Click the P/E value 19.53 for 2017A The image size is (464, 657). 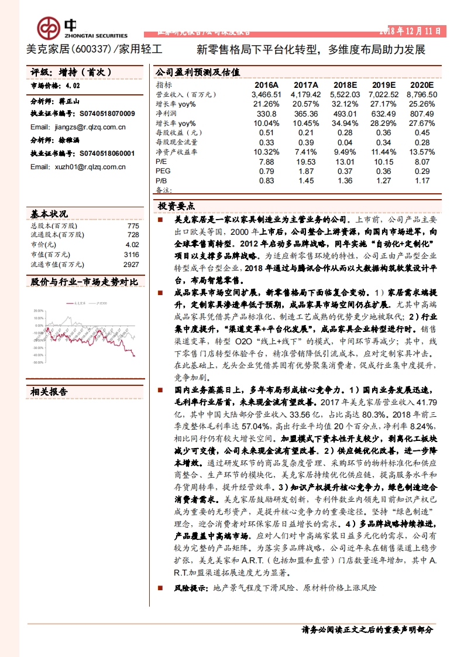pyautogui.click(x=306, y=162)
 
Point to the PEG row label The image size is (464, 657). pyautogui.click(x=162, y=171)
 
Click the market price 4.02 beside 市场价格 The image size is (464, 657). pyautogui.click(x=73, y=85)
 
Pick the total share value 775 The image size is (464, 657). pyautogui.click(x=133, y=226)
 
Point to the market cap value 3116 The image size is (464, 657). pyautogui.click(x=132, y=255)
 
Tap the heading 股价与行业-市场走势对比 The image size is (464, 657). pyautogui.click(x=84, y=282)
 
